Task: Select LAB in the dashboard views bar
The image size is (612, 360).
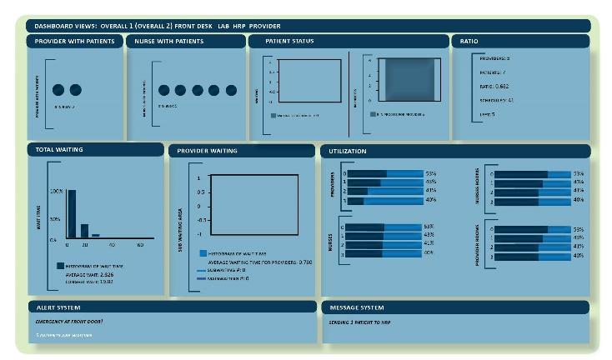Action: point(223,26)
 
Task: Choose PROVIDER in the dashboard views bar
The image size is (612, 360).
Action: point(266,26)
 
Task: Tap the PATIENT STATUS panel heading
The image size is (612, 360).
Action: point(289,41)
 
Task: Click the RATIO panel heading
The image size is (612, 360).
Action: point(469,41)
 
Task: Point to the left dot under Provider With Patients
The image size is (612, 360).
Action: point(58,90)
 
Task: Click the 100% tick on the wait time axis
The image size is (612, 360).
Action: point(57,191)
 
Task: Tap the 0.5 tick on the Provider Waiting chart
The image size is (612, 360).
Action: point(198,192)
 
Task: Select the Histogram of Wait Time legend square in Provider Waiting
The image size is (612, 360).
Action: point(203,252)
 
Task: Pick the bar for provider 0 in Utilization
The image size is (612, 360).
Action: point(384,174)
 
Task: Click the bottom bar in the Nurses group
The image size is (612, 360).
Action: point(384,252)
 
